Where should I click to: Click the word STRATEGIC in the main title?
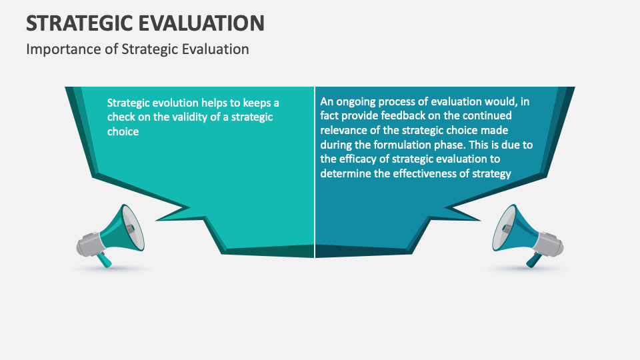pyautogui.click(x=74, y=23)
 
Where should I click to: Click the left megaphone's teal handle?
pyautogui.click(x=105, y=259)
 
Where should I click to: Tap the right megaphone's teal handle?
pyautogui.click(x=535, y=259)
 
